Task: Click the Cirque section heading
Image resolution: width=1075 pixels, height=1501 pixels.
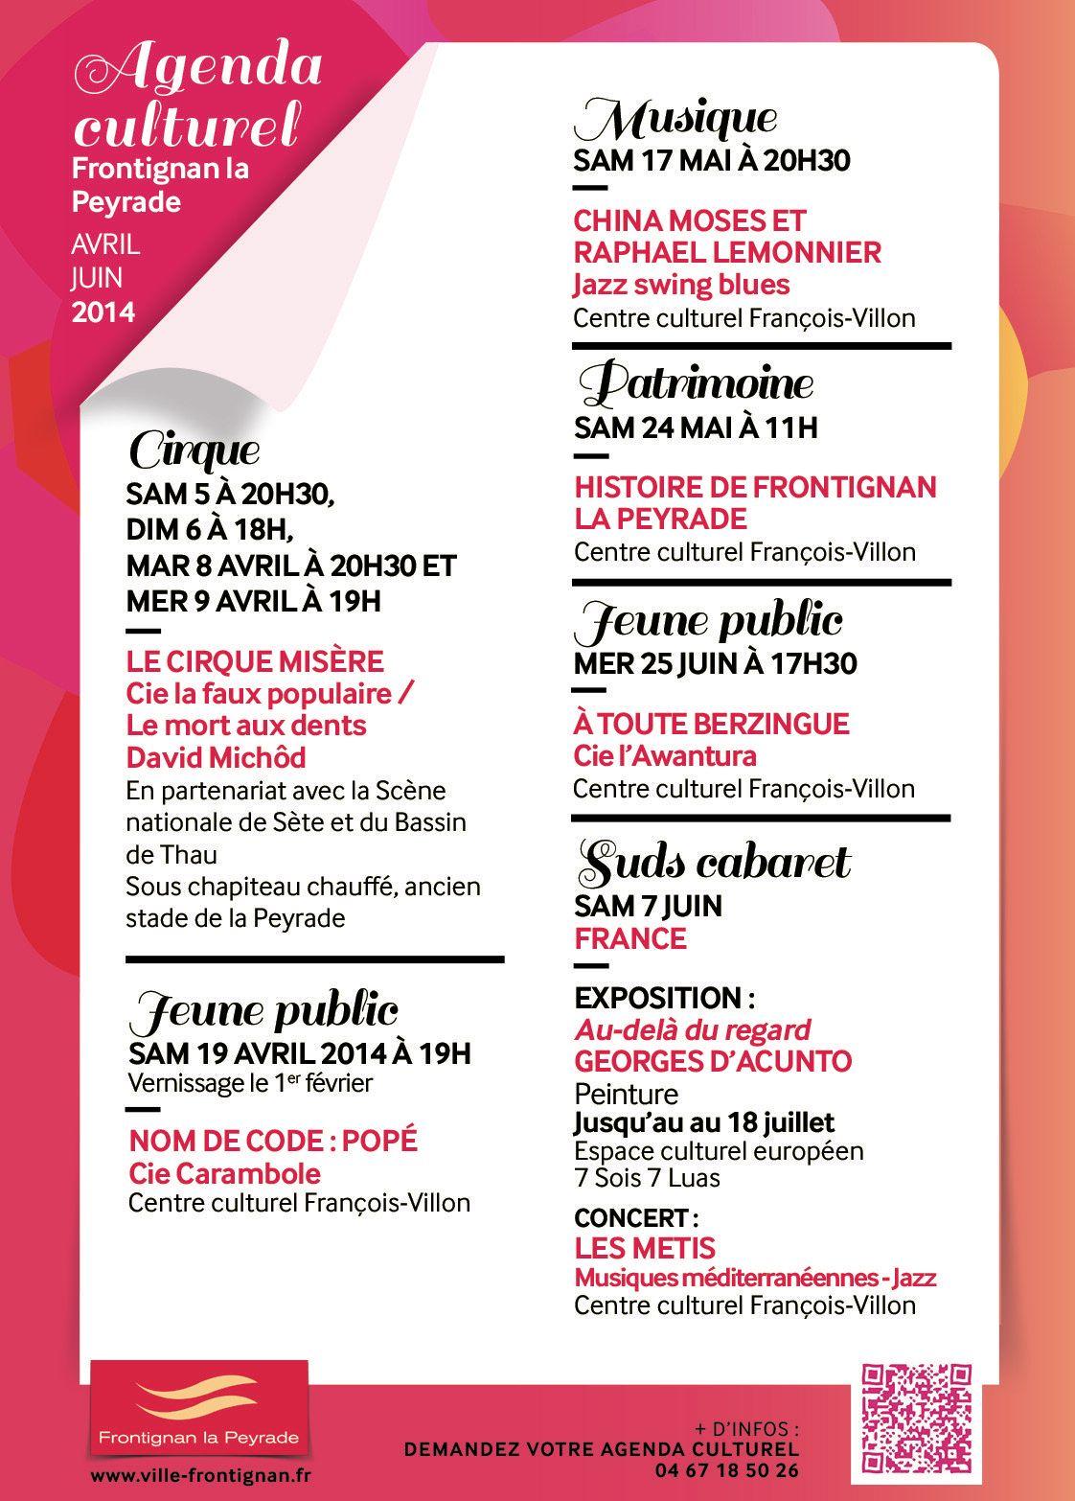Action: coord(194,450)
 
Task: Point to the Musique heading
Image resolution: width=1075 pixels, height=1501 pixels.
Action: coord(675,120)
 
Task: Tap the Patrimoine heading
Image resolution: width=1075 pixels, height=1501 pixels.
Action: coord(698,384)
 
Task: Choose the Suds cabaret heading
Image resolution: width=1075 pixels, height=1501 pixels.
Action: coord(714,863)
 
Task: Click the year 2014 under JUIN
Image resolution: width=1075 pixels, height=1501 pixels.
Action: coord(103,312)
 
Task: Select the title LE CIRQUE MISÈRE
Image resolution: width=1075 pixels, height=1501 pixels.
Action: coord(255,660)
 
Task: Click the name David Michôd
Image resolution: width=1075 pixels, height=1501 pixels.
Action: coord(217,757)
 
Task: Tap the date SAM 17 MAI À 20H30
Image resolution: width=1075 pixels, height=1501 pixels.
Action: coord(712,160)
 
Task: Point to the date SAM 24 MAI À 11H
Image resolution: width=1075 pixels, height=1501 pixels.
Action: coord(696,427)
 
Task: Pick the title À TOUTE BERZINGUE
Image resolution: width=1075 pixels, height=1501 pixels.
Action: coord(698,723)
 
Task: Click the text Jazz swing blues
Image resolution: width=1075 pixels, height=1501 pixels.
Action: coord(681,285)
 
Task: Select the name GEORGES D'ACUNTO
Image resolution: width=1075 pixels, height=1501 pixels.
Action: coord(713,1061)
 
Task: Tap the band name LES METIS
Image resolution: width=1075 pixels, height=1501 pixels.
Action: coord(645,1248)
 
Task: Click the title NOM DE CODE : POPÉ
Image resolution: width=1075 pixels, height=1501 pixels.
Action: coord(273,1141)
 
